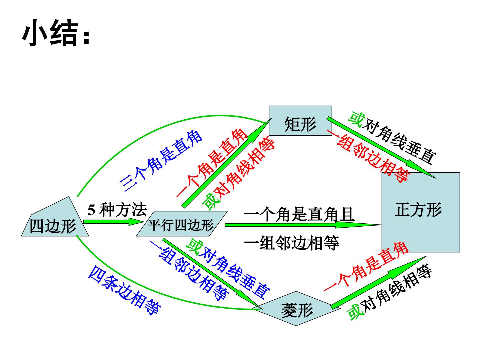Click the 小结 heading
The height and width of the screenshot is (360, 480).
[56, 33]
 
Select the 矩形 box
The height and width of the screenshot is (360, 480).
[300, 120]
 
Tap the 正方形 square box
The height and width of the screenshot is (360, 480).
[421, 212]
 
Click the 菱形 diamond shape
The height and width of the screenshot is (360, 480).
[296, 308]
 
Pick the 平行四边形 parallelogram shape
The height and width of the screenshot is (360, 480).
[182, 223]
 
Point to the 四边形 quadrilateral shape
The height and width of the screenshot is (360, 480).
[55, 216]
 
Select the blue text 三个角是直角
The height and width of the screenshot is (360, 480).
[161, 161]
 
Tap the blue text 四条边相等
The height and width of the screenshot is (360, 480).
[124, 290]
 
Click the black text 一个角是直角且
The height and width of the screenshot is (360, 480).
[299, 214]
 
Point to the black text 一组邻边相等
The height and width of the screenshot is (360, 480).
[291, 243]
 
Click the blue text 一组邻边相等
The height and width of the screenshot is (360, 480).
[189, 270]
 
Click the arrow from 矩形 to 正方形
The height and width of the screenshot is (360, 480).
[381, 148]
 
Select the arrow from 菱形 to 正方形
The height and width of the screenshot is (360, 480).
[379, 283]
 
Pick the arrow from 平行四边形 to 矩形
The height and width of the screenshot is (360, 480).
[227, 163]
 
